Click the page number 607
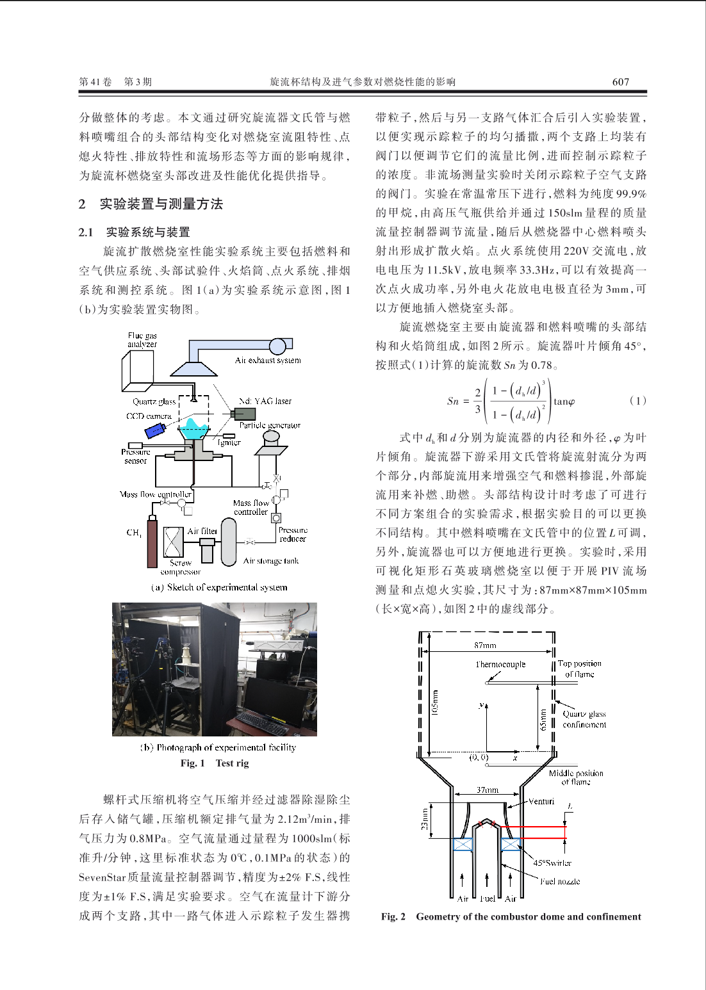pos(620,82)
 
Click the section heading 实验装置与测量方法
pos(161,204)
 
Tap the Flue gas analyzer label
pos(142,340)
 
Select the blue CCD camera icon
pos(155,430)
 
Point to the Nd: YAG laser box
pos(245,414)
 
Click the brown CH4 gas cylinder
pos(152,544)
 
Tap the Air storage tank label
pos(270,561)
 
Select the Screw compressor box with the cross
pos(174,542)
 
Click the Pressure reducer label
pos(293,534)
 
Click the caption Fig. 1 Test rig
pos(215,763)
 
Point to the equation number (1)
pos(638,401)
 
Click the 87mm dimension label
pos(485,645)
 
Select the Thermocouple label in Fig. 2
pos(500,664)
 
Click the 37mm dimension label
pos(488,790)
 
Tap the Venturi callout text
pos(541,801)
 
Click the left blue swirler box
pos(463,845)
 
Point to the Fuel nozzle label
pos(560,881)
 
